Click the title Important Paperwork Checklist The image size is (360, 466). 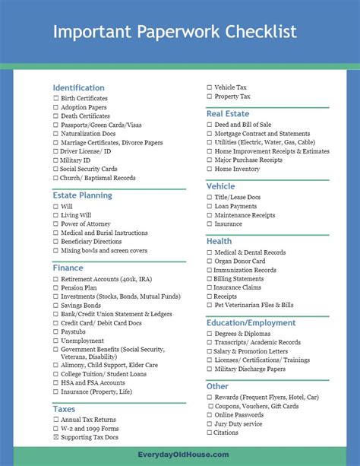pyautogui.click(x=174, y=31)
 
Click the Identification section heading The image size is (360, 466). pyautogui.click(x=78, y=87)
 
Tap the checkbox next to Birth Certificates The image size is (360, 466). pyautogui.click(x=55, y=99)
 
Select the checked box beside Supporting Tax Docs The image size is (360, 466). pyautogui.click(x=55, y=438)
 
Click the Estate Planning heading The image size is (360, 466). pyautogui.click(x=82, y=195)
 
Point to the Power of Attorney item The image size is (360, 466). pyautogui.click(x=85, y=224)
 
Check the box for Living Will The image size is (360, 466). pyautogui.click(x=55, y=215)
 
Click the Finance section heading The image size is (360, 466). pyautogui.click(x=68, y=268)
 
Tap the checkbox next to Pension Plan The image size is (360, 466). pyautogui.click(x=55, y=288)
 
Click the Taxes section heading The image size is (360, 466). pyautogui.click(x=64, y=408)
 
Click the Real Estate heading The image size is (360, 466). pyautogui.click(x=228, y=113)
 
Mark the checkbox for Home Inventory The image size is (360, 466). pyautogui.click(x=209, y=170)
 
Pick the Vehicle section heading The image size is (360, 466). pyautogui.click(x=220, y=186)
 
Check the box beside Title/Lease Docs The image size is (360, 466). pyautogui.click(x=209, y=198)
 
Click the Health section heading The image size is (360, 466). pyautogui.click(x=219, y=241)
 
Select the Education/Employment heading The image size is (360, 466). pyautogui.click(x=251, y=322)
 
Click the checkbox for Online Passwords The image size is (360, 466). pyautogui.click(x=209, y=415)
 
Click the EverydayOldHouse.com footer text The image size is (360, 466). pyautogui.click(x=179, y=455)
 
